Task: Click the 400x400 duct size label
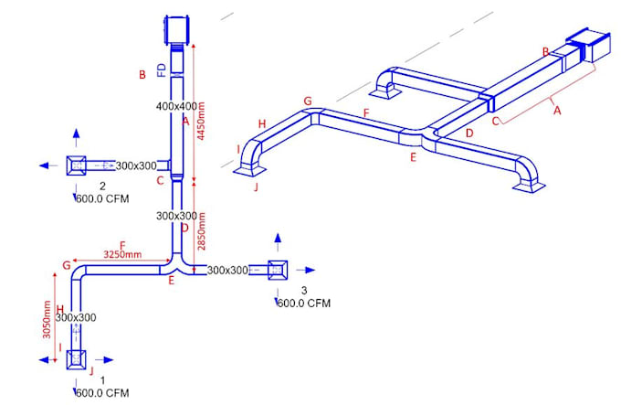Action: tap(176, 107)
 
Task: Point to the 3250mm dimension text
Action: tap(121, 254)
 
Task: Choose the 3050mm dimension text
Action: tap(45, 318)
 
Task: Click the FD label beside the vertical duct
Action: tap(163, 69)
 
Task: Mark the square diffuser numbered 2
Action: tap(76, 165)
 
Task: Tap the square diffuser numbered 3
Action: tap(279, 270)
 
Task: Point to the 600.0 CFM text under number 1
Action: tap(101, 393)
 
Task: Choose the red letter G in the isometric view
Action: tap(307, 101)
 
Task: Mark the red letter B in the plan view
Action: tap(142, 75)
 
